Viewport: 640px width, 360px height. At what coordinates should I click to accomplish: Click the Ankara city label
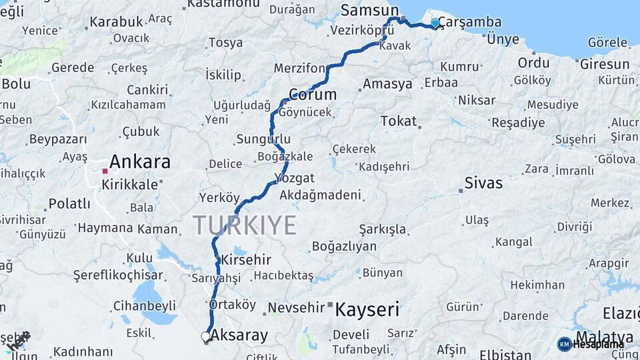pyautogui.click(x=139, y=162)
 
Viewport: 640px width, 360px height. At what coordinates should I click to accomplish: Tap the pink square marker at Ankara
pyautogui.click(x=105, y=171)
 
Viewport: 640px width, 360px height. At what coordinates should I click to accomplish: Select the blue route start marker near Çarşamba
pyautogui.click(x=435, y=23)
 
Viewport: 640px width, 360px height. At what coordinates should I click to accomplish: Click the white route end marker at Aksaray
pyautogui.click(x=206, y=337)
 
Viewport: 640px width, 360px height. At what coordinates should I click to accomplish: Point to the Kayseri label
pyautogui.click(x=367, y=309)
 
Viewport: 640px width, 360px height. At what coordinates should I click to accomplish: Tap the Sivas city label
pyautogui.click(x=483, y=183)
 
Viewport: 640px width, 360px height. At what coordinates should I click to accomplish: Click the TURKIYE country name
pyautogui.click(x=245, y=225)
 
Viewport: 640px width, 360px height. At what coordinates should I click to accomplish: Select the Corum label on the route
pyautogui.click(x=313, y=94)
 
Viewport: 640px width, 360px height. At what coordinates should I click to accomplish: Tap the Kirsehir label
pyautogui.click(x=246, y=259)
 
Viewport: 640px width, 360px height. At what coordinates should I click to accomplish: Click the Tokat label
pyautogui.click(x=399, y=121)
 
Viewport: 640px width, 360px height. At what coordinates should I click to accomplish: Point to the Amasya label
pyautogui.click(x=387, y=85)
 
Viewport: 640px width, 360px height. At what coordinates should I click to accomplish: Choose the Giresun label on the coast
pyautogui.click(x=605, y=64)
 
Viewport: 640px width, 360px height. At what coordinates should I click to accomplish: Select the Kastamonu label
pyautogui.click(x=223, y=4)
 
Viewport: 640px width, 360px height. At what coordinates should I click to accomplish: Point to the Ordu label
pyautogui.click(x=533, y=63)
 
